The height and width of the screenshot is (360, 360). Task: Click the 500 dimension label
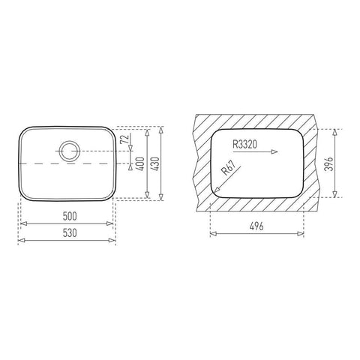tap(70, 216)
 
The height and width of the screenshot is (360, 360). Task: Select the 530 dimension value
tap(70, 233)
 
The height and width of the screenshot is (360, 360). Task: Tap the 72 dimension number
tap(124, 139)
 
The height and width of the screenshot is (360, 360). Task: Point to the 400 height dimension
tap(141, 164)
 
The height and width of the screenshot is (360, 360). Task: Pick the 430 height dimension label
tap(155, 164)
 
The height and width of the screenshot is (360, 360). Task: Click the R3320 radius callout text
tap(244, 144)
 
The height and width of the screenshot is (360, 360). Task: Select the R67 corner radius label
tap(229, 168)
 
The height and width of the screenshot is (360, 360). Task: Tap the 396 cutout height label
tap(328, 164)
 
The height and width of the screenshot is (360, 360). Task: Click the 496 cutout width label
tap(256, 226)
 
